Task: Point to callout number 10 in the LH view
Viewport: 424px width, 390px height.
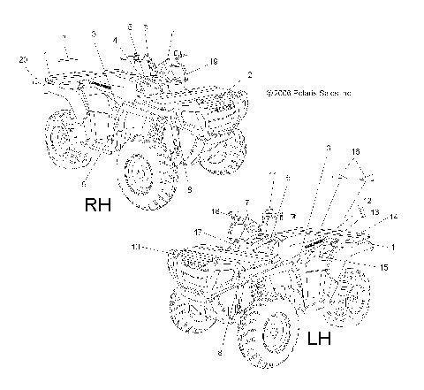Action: pos(134,247)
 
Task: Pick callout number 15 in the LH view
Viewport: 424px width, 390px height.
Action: pos(383,267)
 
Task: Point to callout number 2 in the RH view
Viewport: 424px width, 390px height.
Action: pos(250,75)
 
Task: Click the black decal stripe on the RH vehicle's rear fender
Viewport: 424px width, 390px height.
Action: pos(95,85)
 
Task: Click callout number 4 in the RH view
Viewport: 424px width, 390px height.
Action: pos(115,41)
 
